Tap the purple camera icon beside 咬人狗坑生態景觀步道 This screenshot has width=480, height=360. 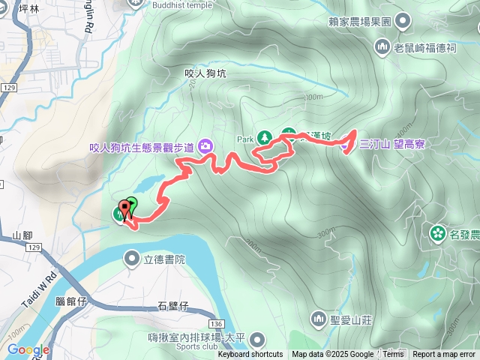[x=205, y=146]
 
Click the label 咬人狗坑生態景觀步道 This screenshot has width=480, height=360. [x=142, y=147]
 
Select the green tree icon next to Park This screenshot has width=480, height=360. [x=264, y=138]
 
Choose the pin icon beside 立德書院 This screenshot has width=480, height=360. [x=132, y=259]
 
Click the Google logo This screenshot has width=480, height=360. [x=28, y=349]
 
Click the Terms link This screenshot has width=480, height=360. [x=393, y=355]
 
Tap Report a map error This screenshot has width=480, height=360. [x=444, y=355]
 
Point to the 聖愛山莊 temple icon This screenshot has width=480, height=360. [x=318, y=319]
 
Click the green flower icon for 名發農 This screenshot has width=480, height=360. [x=437, y=234]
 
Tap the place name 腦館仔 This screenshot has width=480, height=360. [x=72, y=301]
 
